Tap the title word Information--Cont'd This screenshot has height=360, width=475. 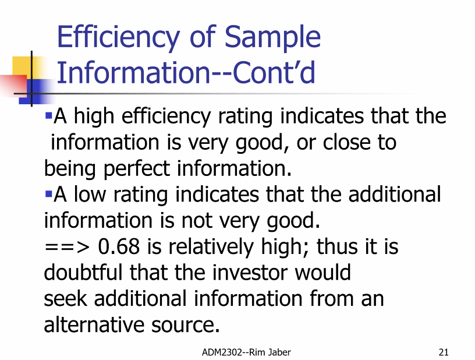186,73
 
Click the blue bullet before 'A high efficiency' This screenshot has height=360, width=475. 48,115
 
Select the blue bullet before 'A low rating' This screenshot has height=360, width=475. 48,193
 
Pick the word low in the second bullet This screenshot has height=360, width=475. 90,194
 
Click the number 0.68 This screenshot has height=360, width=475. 119,246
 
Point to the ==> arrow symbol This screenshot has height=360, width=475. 67,247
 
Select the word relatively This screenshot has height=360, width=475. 211,247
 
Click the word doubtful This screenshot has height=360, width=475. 83,272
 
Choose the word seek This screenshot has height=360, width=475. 65,298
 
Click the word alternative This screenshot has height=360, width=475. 94,324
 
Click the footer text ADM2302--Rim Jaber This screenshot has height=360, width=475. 246,352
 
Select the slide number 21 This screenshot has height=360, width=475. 444,352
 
